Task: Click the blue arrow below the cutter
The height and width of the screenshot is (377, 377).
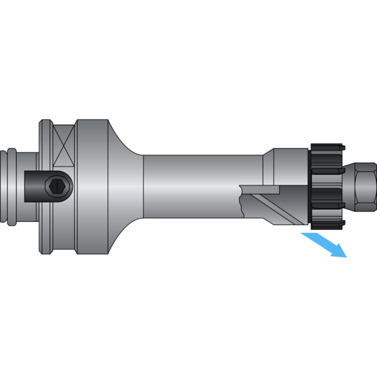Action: coord(321,244)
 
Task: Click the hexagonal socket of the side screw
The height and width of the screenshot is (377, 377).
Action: coord(57,188)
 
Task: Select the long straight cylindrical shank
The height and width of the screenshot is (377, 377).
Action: coord(193,186)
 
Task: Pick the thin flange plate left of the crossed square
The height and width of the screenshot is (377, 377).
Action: coord(45,187)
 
